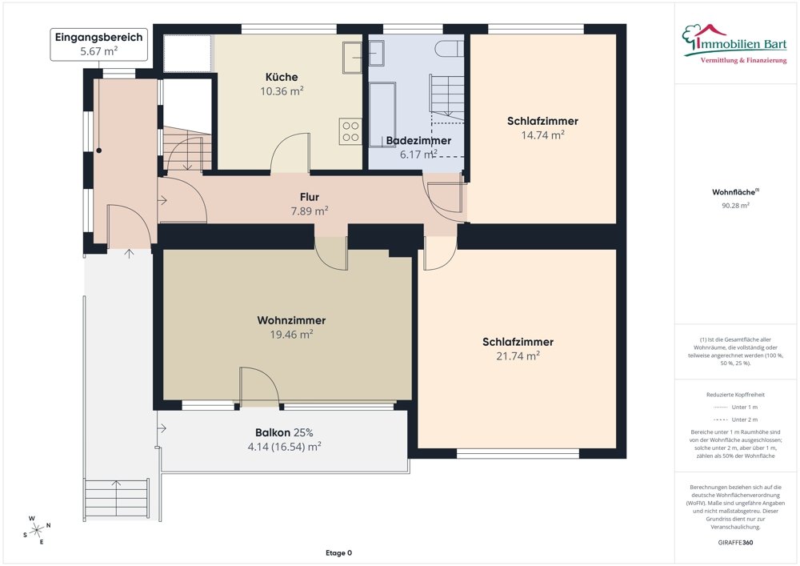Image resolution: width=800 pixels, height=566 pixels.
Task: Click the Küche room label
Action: [x=282, y=77]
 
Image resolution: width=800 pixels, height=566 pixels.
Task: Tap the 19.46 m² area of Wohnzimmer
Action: [x=291, y=335]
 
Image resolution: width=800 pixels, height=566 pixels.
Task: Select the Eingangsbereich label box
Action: [x=99, y=44]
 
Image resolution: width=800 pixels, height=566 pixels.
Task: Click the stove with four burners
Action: [x=350, y=130]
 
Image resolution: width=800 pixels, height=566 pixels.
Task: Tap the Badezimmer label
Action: [x=418, y=140]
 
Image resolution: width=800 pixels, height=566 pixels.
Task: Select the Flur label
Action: [x=310, y=196]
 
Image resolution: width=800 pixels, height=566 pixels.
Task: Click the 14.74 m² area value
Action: [x=542, y=135]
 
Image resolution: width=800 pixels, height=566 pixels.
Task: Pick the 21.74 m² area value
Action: [x=518, y=356]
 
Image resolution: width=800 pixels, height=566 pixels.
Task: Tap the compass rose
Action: [x=37, y=528]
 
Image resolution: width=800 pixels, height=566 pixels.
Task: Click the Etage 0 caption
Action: [x=338, y=553]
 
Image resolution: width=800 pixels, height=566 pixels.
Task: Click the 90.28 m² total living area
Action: [x=735, y=206]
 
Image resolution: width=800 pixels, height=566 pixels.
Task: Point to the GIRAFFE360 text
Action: [x=735, y=542]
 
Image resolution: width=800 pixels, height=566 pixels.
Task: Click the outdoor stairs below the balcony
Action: [x=116, y=498]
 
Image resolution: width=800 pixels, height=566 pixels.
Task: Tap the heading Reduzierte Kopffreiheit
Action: [x=735, y=395]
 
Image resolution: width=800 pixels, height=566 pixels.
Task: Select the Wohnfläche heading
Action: [x=734, y=192]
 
